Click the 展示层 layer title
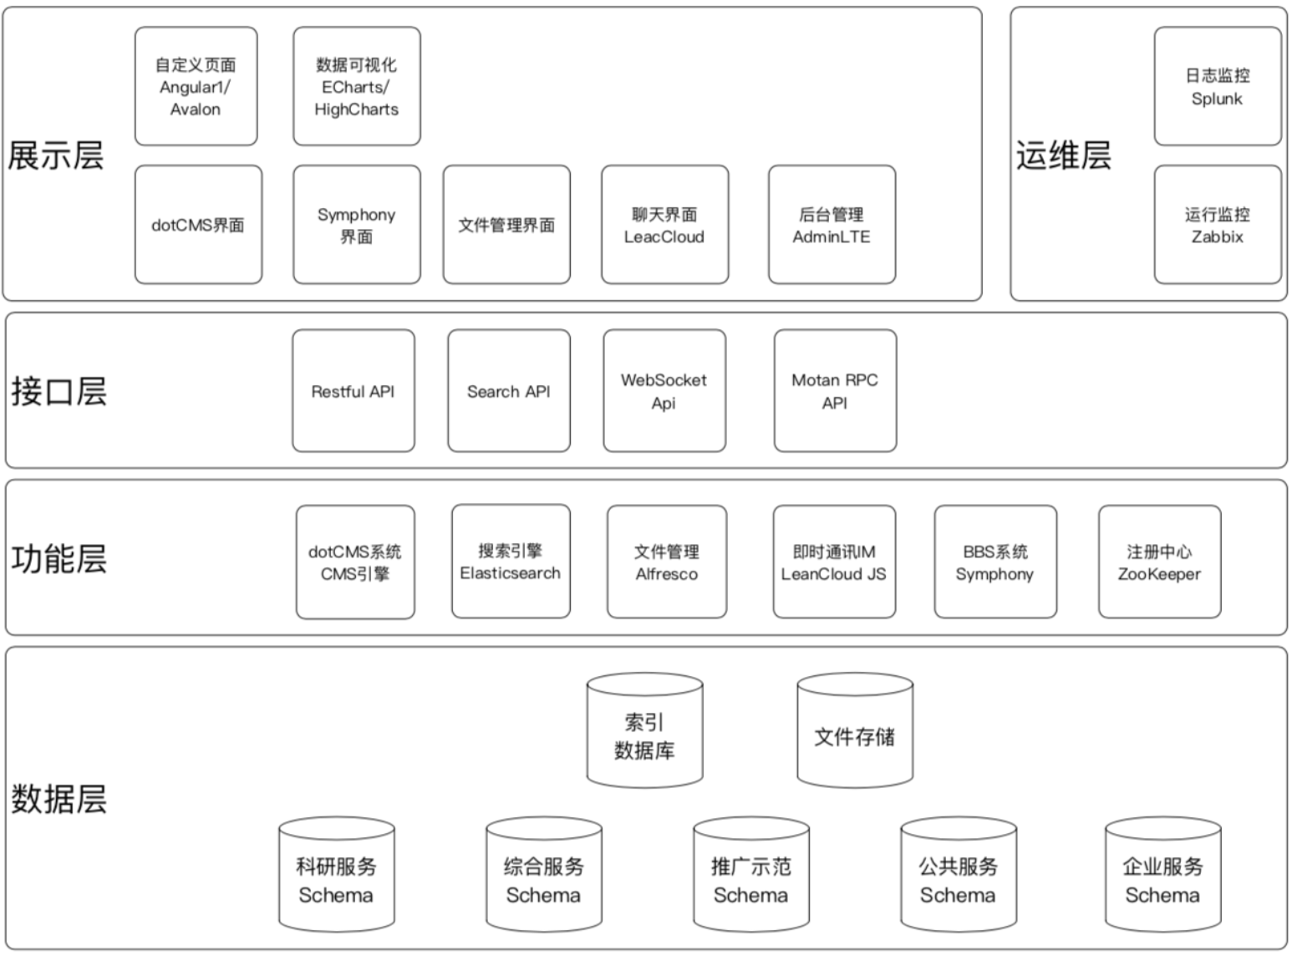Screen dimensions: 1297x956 pos(56,155)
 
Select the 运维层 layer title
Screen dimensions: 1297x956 pos(1064,155)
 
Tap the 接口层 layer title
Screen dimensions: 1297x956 pos(59,391)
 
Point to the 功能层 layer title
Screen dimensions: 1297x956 pos(59,559)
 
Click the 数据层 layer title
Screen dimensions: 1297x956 pos(59,799)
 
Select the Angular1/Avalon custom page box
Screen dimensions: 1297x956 pos(196,86)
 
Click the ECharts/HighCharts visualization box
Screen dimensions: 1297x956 pos(357,86)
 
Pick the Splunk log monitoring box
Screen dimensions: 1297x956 pos(1218,86)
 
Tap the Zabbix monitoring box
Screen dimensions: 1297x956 pos(1218,225)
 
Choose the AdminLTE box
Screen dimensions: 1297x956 pos(832,225)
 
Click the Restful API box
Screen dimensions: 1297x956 pos(353,391)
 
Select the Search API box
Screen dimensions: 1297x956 pos(509,391)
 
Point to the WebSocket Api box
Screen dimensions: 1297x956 pos(664,391)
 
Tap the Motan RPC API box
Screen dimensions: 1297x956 pos(836,391)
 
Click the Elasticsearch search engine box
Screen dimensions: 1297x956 pos(511,561)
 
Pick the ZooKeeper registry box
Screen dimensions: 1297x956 pos(1160,562)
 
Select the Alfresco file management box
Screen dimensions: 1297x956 pos(667,562)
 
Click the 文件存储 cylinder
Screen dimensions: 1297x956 pos(855,730)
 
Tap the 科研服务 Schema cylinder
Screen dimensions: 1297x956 pos(337,874)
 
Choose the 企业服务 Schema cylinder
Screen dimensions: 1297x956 pos(1162,874)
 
